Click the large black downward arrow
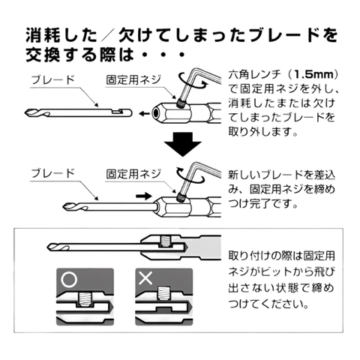(183, 145)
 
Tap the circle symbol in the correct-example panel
(69, 279)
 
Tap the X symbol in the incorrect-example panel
(145, 278)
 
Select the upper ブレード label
(52, 80)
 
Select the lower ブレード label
(52, 173)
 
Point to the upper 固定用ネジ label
(133, 80)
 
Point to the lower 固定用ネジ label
(133, 174)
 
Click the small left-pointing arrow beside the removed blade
(144, 114)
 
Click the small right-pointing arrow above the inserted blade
(144, 196)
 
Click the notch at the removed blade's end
(117, 111)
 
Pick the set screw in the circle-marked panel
(85, 299)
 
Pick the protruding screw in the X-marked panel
(163, 293)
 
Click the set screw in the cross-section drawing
(165, 241)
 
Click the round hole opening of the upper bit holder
(156, 114)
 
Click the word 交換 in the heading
(43, 55)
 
